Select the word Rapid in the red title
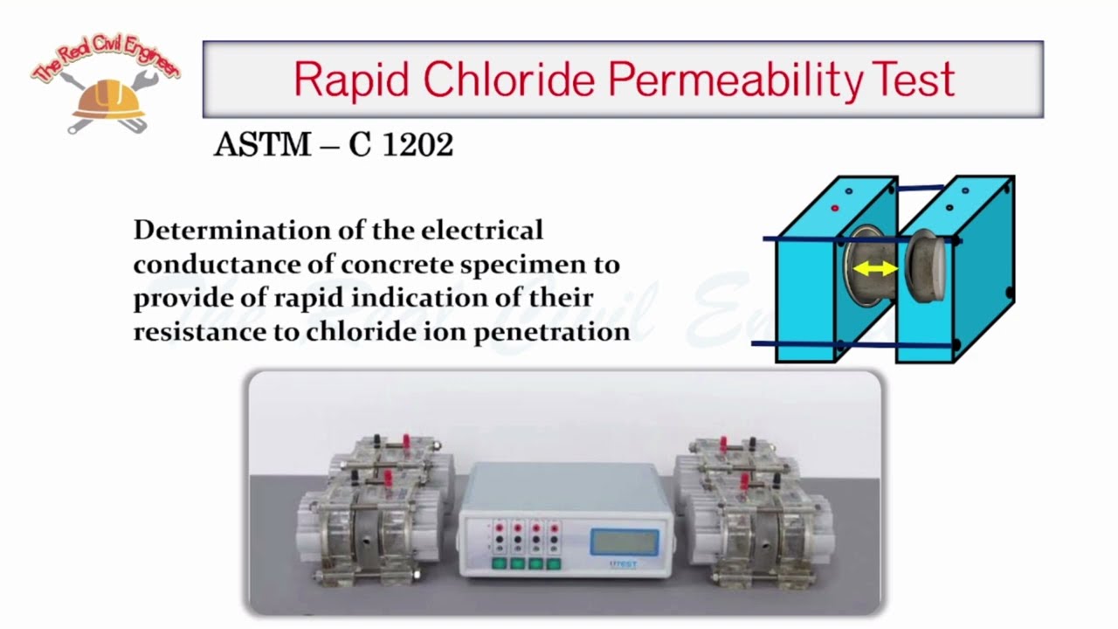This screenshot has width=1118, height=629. [351, 79]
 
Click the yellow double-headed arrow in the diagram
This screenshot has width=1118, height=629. [874, 269]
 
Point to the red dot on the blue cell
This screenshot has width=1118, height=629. [835, 209]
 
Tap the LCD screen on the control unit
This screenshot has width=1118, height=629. [624, 542]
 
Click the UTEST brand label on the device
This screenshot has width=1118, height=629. [624, 564]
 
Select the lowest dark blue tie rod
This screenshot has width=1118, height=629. [852, 345]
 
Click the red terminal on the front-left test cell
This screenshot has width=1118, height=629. [387, 479]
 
